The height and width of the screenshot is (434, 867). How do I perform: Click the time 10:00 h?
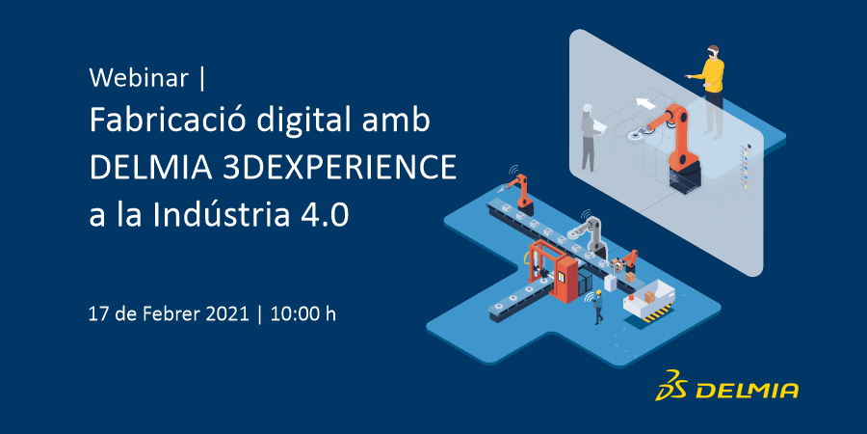coord(302,314)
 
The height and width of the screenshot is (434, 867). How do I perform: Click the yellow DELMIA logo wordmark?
coord(747,391)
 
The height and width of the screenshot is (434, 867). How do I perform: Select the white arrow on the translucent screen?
coord(644,103)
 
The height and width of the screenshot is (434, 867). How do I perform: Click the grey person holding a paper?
coord(591,137)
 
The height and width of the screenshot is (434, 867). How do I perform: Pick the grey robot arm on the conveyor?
coord(592,238)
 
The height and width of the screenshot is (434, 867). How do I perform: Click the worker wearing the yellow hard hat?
coord(597,308)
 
